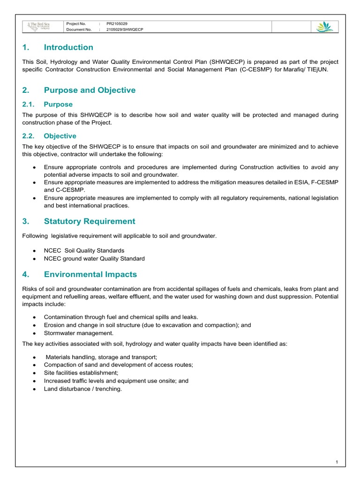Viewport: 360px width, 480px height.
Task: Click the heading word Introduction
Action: [68, 47]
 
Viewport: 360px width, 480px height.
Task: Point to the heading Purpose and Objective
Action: [90, 90]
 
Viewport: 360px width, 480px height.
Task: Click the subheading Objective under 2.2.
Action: [60, 136]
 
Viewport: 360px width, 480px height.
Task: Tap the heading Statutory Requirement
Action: [90, 221]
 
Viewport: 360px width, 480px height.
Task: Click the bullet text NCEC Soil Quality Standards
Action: [84, 250]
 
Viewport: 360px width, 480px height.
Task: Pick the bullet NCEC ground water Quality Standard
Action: [94, 258]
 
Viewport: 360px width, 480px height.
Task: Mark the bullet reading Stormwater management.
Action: [79, 333]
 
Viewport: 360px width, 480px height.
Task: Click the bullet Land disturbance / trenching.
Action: [82, 389]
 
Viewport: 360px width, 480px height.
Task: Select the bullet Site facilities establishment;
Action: [81, 373]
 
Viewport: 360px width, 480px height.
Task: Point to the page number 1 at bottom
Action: [337, 463]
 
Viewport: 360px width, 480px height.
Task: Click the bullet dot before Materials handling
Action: [36, 357]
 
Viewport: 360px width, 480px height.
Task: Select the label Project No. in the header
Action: [76, 23]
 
